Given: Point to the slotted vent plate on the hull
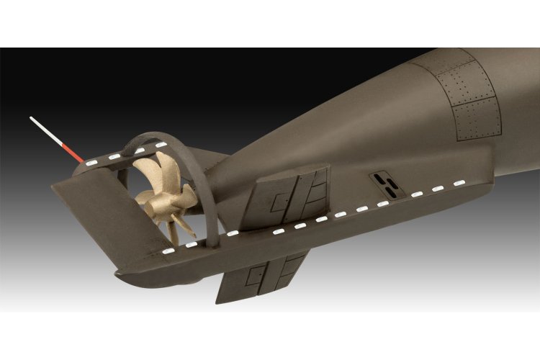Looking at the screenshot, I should click(385, 184).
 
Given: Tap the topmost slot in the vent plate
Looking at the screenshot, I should click(381, 177).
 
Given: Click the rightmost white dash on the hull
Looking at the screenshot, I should click(457, 186).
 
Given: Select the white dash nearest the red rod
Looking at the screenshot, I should click(92, 162).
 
